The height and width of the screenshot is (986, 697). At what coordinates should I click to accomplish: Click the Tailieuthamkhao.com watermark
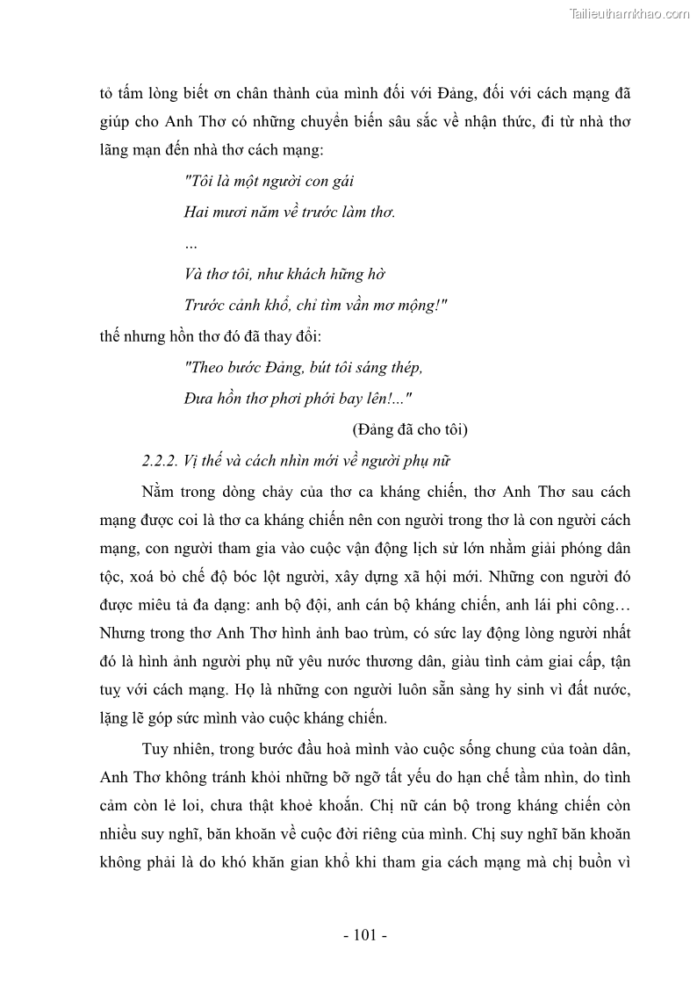629,13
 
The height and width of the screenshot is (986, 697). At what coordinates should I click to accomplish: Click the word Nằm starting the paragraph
157,492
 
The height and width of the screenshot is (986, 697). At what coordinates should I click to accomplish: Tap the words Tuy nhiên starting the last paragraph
176,748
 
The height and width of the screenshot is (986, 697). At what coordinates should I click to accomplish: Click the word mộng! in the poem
419,305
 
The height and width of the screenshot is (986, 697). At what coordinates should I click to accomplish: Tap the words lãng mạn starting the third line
133,150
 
